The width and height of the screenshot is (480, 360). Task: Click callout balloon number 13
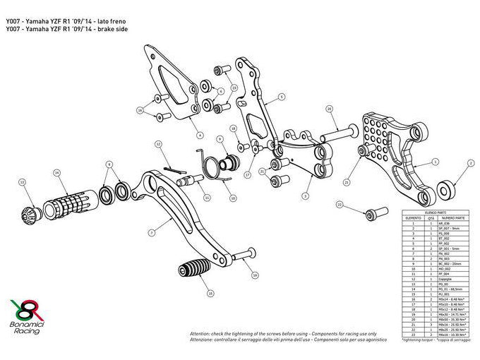(22, 182)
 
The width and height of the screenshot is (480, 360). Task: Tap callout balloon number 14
(56, 172)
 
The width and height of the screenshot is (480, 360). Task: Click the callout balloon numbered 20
(329, 109)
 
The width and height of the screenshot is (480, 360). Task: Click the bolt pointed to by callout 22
(373, 212)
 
